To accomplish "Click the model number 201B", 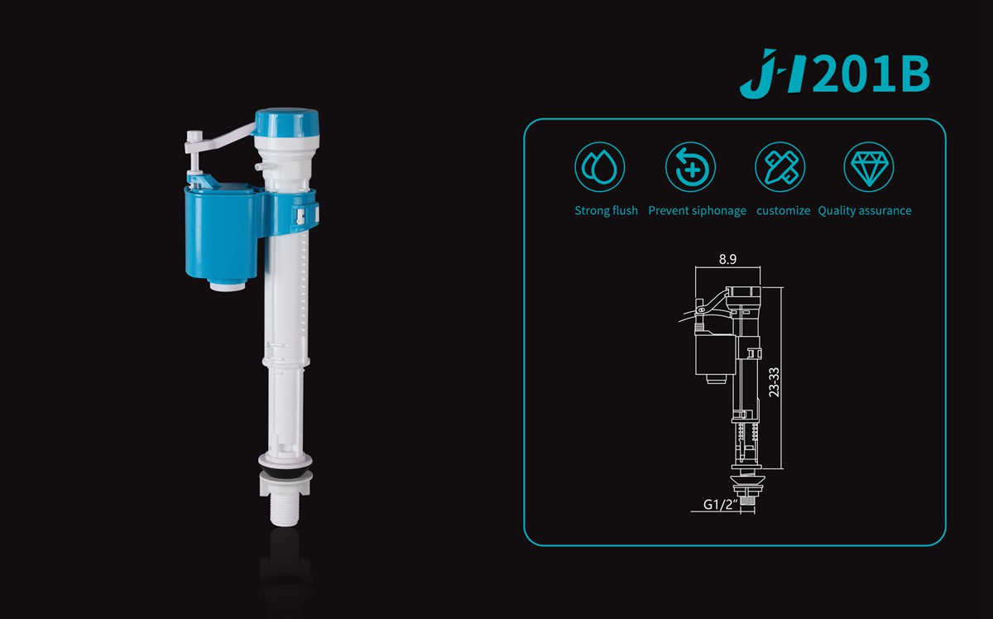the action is pyautogui.click(x=871, y=74).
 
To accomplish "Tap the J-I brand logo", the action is pyautogui.click(x=775, y=73).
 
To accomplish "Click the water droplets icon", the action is pyautogui.click(x=600, y=167).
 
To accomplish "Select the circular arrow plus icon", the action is pyautogui.click(x=690, y=167).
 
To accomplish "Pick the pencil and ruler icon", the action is pyautogui.click(x=780, y=167).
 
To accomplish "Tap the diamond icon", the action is pyautogui.click(x=868, y=167).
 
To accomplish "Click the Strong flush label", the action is pyautogui.click(x=606, y=211).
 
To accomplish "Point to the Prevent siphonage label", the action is pyautogui.click(x=697, y=211).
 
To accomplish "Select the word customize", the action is pyautogui.click(x=783, y=211).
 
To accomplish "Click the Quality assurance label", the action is pyautogui.click(x=865, y=211).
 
